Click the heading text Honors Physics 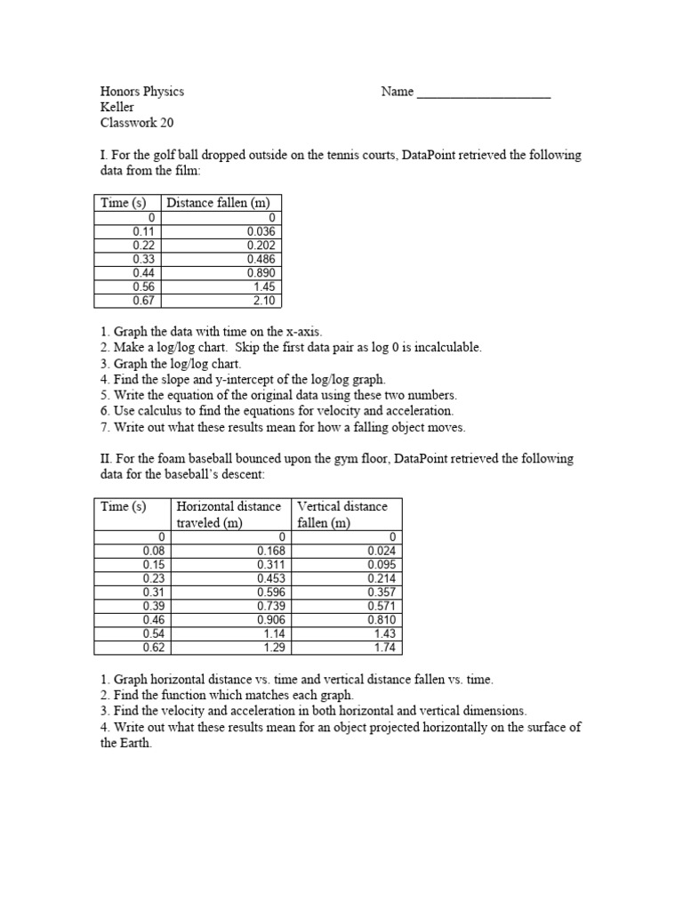pyautogui.click(x=142, y=92)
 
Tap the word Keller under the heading pyautogui.click(x=117, y=108)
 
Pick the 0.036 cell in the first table pyautogui.click(x=261, y=231)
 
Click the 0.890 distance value pyautogui.click(x=261, y=273)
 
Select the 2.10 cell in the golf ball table pyautogui.click(x=265, y=301)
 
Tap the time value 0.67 pyautogui.click(x=144, y=301)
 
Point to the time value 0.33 pyautogui.click(x=144, y=259)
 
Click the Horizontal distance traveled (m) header pyautogui.click(x=229, y=514)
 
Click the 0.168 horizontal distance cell pyautogui.click(x=270, y=552)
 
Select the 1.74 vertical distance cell pyautogui.click(x=385, y=647)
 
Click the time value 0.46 pyautogui.click(x=155, y=620)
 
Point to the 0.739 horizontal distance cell pyautogui.click(x=270, y=606)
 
